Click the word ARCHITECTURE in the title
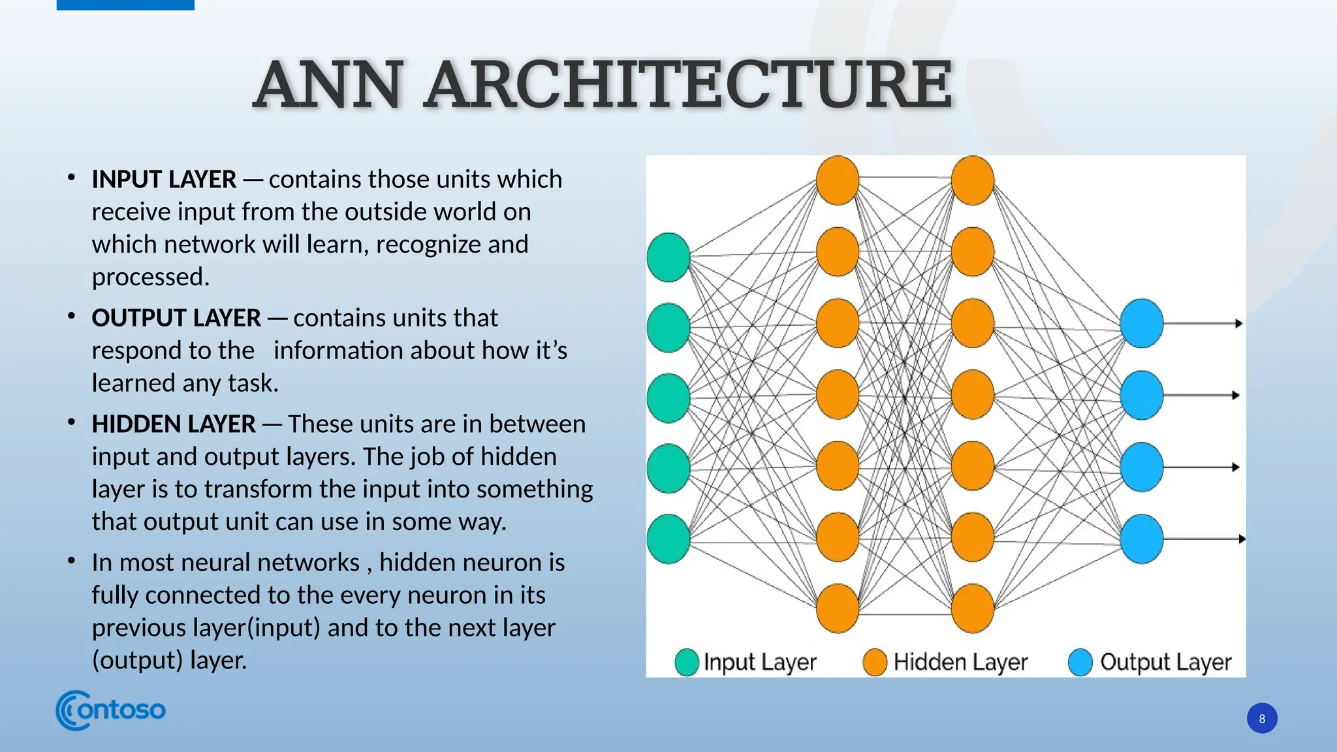click(x=689, y=85)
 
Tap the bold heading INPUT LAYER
click(x=164, y=180)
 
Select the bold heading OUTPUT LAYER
click(x=176, y=318)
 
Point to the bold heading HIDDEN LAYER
click(x=174, y=424)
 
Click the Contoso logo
click(x=110, y=710)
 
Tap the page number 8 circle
click(x=1261, y=718)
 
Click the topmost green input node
click(x=668, y=257)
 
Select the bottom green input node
click(x=668, y=539)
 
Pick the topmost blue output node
click(x=1141, y=323)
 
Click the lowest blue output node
click(x=1141, y=539)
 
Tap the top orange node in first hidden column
click(x=838, y=180)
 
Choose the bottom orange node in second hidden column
click(x=972, y=608)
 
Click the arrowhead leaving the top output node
click(x=1238, y=323)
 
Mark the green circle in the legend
click(x=686, y=662)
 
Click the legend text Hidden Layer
click(x=960, y=662)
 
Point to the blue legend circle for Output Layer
click(x=1080, y=662)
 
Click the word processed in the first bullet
click(x=149, y=277)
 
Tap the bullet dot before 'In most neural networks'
click(x=71, y=561)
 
